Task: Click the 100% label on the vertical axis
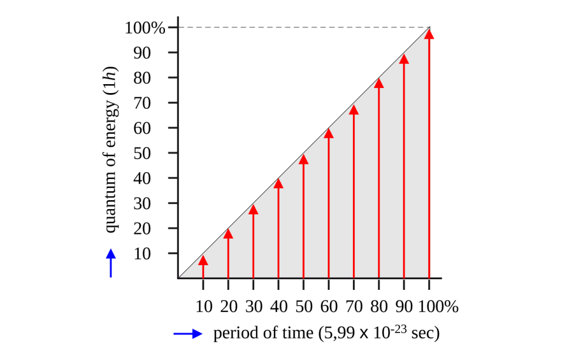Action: point(145,28)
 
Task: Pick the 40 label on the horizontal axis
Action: point(278,307)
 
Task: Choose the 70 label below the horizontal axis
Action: point(353,307)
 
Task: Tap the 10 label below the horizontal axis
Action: point(203,307)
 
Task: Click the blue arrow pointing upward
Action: point(111,262)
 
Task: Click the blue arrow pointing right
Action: point(187,334)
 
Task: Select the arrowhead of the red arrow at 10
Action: point(203,260)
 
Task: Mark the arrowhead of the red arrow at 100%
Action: point(429,34)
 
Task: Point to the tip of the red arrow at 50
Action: point(304,159)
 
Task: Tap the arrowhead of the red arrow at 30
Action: point(253,210)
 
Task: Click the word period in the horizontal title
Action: point(230,334)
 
